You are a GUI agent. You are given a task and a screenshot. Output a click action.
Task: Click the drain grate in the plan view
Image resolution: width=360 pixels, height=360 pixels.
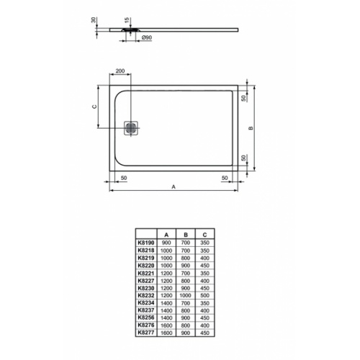click(x=131, y=128)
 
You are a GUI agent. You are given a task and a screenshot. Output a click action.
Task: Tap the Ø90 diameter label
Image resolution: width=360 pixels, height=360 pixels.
click(x=147, y=37)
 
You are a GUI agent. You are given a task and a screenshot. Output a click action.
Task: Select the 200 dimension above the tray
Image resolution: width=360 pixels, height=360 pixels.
click(x=120, y=71)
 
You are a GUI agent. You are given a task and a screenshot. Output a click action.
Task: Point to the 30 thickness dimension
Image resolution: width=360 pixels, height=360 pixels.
click(x=94, y=20)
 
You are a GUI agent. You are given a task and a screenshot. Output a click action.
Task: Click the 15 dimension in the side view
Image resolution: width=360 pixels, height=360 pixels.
click(x=127, y=20)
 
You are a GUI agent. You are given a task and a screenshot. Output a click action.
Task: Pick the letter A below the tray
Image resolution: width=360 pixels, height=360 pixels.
click(x=174, y=186)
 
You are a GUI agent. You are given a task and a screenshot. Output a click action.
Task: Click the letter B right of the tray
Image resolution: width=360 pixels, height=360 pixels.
click(x=251, y=128)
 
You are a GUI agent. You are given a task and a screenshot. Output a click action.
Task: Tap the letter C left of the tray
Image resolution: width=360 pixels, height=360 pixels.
click(x=94, y=107)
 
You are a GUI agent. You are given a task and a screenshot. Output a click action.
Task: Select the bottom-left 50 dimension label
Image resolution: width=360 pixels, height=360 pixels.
click(x=124, y=178)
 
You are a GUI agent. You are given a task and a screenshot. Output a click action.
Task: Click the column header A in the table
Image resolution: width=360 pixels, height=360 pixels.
click(x=166, y=235)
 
